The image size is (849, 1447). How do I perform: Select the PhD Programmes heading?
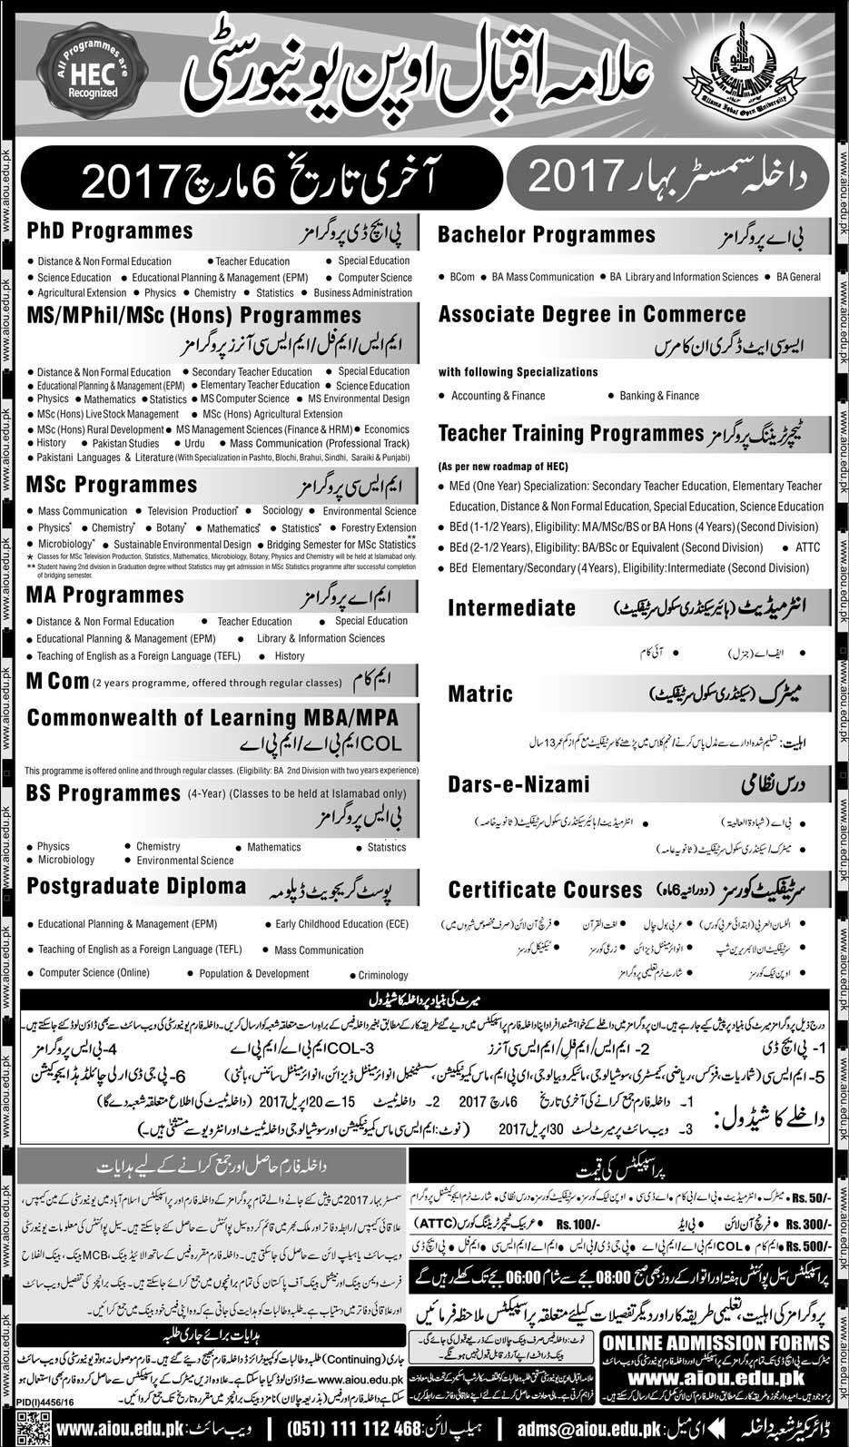click(x=110, y=231)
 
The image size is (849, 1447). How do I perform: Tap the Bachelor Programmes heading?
click(x=547, y=235)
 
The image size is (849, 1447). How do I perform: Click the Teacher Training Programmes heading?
click(x=571, y=434)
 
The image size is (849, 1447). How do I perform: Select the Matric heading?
click(x=480, y=694)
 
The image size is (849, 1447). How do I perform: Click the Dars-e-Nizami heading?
click(x=518, y=783)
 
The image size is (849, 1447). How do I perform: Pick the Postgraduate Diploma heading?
click(x=136, y=886)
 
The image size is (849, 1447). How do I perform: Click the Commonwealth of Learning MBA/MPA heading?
click(x=212, y=718)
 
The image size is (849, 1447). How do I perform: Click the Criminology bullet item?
click(x=383, y=975)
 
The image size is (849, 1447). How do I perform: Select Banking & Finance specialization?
click(x=659, y=396)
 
